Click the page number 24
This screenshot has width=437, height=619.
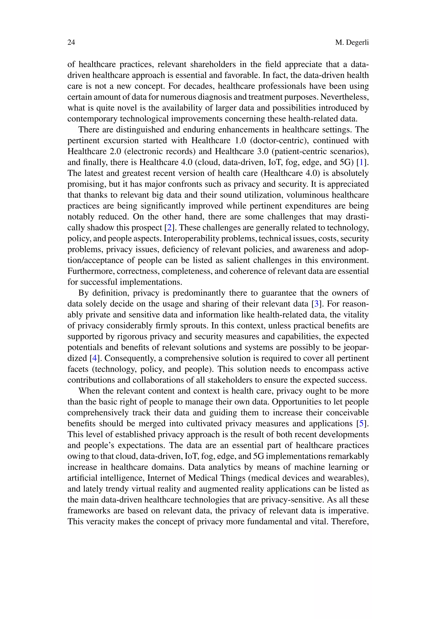[x=71, y=42]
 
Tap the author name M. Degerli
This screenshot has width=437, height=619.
[x=352, y=42]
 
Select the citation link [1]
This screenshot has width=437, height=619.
[x=361, y=162]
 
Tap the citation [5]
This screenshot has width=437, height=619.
[x=361, y=423]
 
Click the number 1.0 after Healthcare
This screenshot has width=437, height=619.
[x=240, y=140]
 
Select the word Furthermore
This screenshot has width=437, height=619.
[x=90, y=271]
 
